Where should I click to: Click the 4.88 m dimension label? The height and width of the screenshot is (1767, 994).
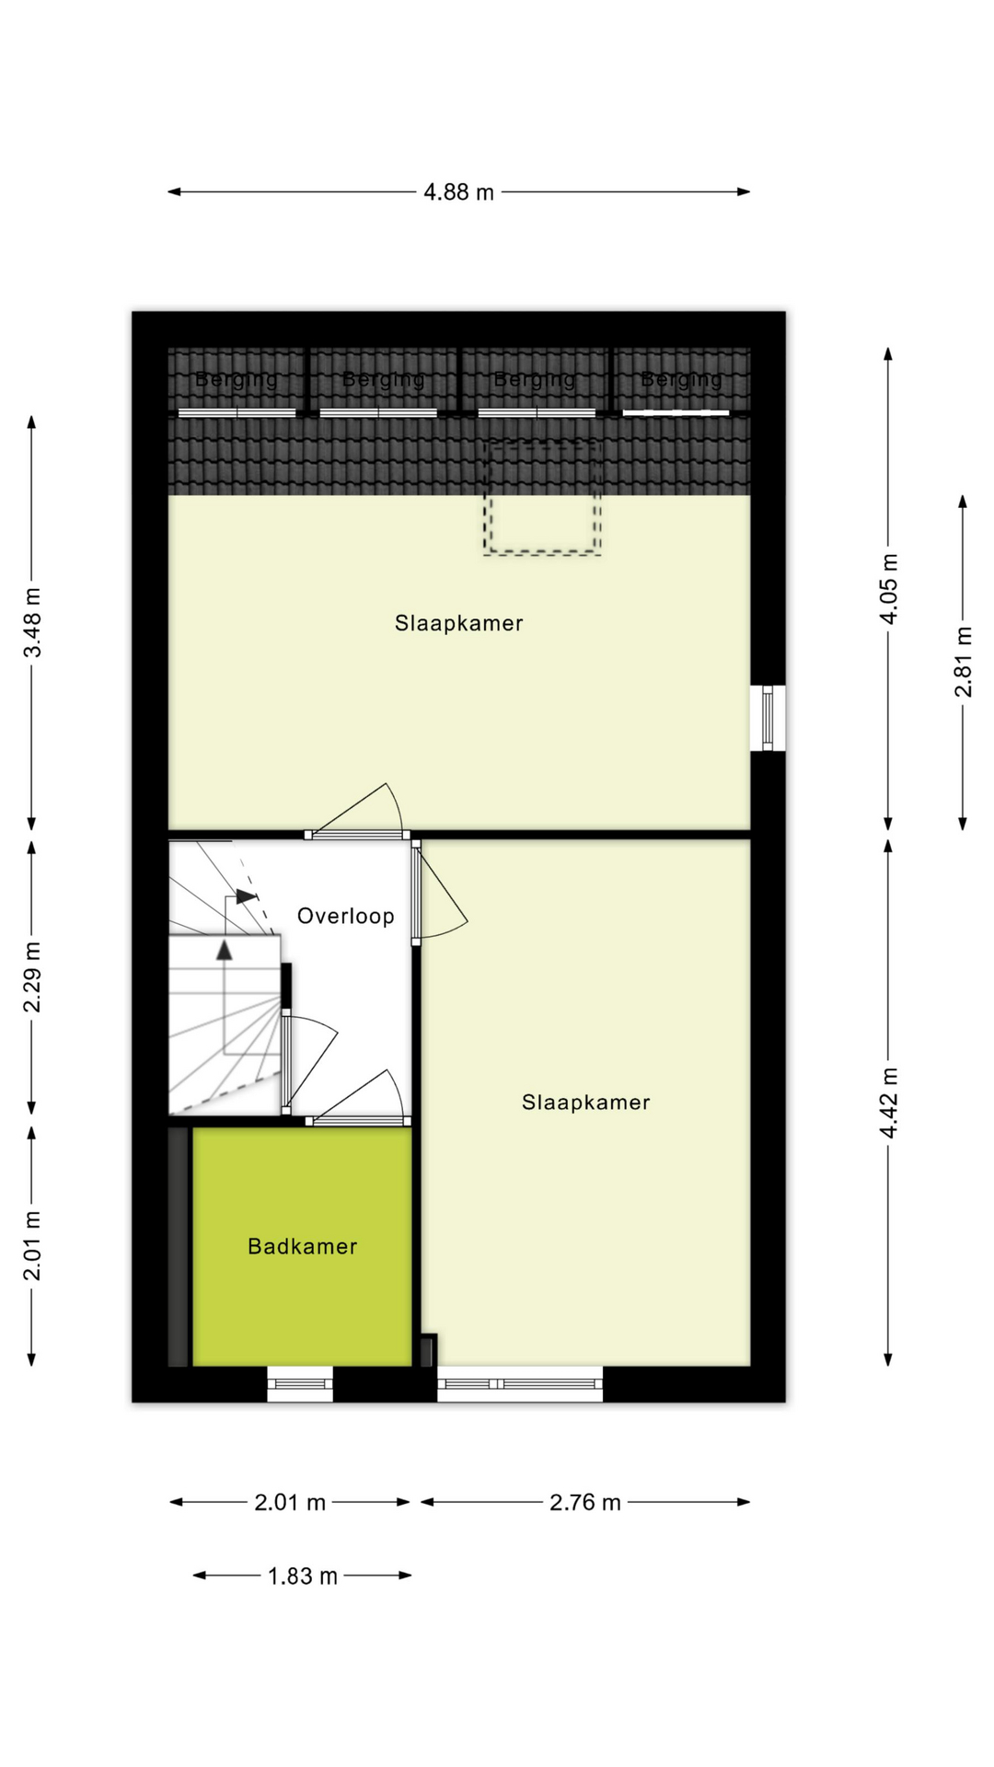(x=458, y=192)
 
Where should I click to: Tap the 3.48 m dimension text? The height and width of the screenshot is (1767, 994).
(x=32, y=623)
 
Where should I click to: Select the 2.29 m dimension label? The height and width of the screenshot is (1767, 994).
(x=32, y=976)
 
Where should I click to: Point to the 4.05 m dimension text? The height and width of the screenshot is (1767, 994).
(x=888, y=589)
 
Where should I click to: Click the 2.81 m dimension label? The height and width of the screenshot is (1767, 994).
(x=963, y=662)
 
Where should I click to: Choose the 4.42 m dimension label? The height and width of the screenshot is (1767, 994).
(x=888, y=1103)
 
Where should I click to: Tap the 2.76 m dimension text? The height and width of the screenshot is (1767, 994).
(x=585, y=1503)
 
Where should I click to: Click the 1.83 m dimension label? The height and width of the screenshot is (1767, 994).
(x=303, y=1576)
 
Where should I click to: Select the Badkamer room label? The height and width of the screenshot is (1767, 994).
(x=302, y=1247)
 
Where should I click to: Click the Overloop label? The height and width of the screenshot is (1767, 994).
(x=345, y=917)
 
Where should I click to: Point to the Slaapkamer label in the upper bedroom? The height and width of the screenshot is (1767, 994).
(x=458, y=624)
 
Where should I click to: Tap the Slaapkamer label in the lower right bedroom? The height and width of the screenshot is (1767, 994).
(x=585, y=1103)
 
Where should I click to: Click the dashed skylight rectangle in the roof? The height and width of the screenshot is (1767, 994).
(x=543, y=497)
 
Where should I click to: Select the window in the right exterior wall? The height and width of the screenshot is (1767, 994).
(x=768, y=718)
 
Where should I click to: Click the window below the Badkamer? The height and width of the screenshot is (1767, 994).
(x=300, y=1383)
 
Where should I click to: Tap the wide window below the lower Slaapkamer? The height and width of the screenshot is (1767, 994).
(x=520, y=1383)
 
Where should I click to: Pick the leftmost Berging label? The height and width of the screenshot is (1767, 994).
(x=237, y=379)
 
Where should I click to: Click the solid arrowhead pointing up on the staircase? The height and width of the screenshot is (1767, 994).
(x=225, y=951)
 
